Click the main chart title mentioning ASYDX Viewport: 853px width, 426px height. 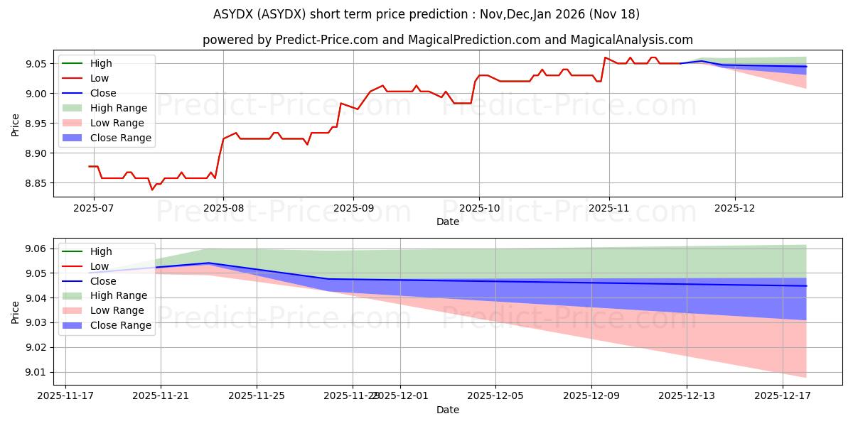[x=426, y=14]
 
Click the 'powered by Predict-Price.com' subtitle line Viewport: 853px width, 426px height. [x=448, y=40]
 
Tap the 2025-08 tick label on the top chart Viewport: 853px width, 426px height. [x=223, y=209]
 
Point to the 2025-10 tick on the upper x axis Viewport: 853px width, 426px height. [x=479, y=209]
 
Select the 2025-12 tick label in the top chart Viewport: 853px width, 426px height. [x=735, y=209]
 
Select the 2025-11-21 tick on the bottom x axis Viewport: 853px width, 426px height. [x=161, y=396]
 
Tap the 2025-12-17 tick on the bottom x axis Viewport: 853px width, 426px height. [x=783, y=396]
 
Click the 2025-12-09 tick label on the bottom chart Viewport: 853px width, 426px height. [x=591, y=396]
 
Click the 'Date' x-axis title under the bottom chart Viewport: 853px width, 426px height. [x=448, y=410]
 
